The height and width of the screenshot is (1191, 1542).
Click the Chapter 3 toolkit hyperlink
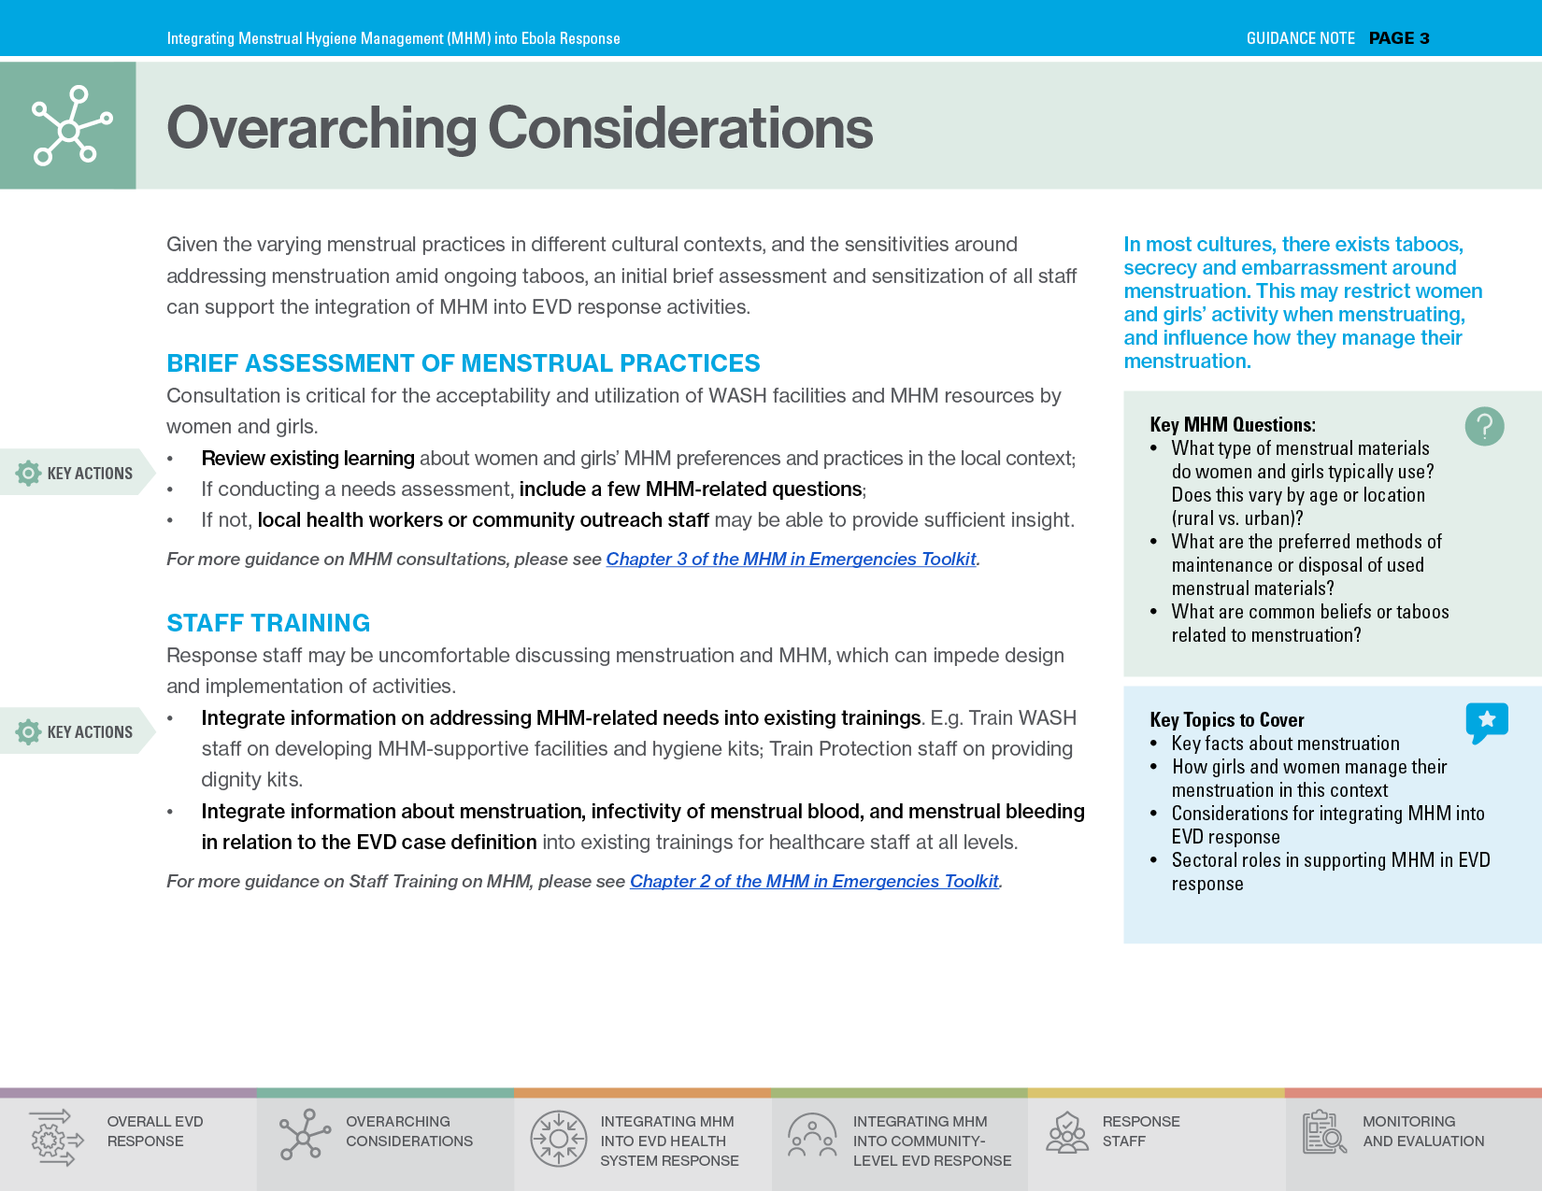(791, 559)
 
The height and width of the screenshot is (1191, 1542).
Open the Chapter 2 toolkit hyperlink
(814, 881)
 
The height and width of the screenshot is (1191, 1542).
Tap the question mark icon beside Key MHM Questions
(1484, 426)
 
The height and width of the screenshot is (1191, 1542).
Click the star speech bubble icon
(1487, 721)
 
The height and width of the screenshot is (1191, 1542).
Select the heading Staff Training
(268, 623)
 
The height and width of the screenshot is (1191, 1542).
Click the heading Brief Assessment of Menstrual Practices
(463, 363)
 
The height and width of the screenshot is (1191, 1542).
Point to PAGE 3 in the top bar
(1399, 38)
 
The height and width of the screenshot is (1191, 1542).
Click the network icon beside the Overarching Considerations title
(69, 126)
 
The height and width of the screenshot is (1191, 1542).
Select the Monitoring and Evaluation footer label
(1422, 1131)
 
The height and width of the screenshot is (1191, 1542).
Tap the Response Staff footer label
(1140, 1131)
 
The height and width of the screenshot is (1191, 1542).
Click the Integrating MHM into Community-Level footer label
(931, 1141)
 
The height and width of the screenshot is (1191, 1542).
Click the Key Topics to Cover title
(1226, 720)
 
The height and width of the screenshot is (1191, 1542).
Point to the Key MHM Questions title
(1232, 425)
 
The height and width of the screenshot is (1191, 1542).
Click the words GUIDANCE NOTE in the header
(1300, 38)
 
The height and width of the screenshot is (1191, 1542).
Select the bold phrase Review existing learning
(307, 459)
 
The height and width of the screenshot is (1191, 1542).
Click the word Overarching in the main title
(321, 128)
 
